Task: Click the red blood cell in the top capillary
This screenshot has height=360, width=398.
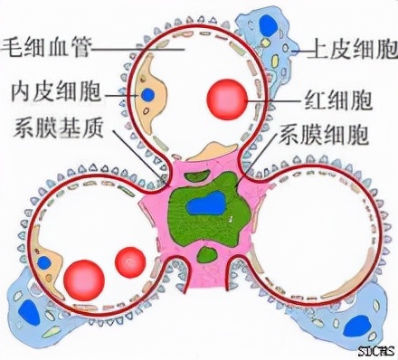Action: pyautogui.click(x=225, y=98)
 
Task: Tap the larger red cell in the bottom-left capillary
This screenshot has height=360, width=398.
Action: pyautogui.click(x=85, y=276)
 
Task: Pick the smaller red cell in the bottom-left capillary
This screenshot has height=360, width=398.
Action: pyautogui.click(x=130, y=261)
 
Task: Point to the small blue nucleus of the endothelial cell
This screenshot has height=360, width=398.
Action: pyautogui.click(x=147, y=94)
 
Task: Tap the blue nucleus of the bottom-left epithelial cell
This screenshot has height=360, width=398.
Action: pyautogui.click(x=29, y=312)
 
